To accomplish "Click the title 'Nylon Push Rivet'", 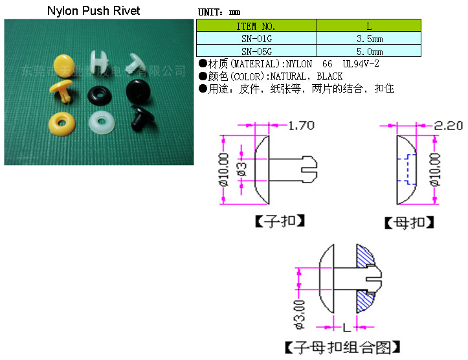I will (x=94, y=11).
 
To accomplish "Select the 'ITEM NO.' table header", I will (x=256, y=26).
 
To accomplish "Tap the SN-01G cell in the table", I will (x=256, y=39).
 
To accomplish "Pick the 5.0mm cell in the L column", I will (x=369, y=51).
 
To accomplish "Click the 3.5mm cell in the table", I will (x=369, y=39).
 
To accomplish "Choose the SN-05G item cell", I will (x=256, y=51).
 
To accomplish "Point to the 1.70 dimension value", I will (x=302, y=126).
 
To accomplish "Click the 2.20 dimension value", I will (x=449, y=126).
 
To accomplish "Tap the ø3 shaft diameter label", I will (x=241, y=170).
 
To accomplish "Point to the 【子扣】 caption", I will (x=280, y=221).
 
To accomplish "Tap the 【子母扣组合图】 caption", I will (x=342, y=347).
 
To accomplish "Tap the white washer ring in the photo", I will (x=99, y=122).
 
